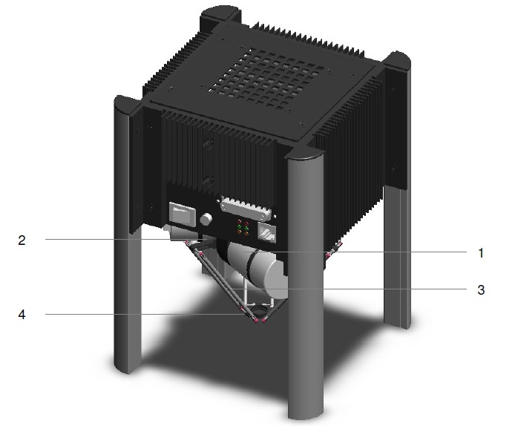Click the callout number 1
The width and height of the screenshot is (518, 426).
[x=480, y=253]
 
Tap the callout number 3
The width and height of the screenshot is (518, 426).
[x=480, y=289]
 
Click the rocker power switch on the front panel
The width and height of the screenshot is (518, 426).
[x=181, y=215]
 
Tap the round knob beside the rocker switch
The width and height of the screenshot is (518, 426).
[x=207, y=220]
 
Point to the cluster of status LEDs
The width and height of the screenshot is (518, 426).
[x=242, y=228]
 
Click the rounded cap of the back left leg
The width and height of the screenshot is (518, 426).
[x=219, y=15]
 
